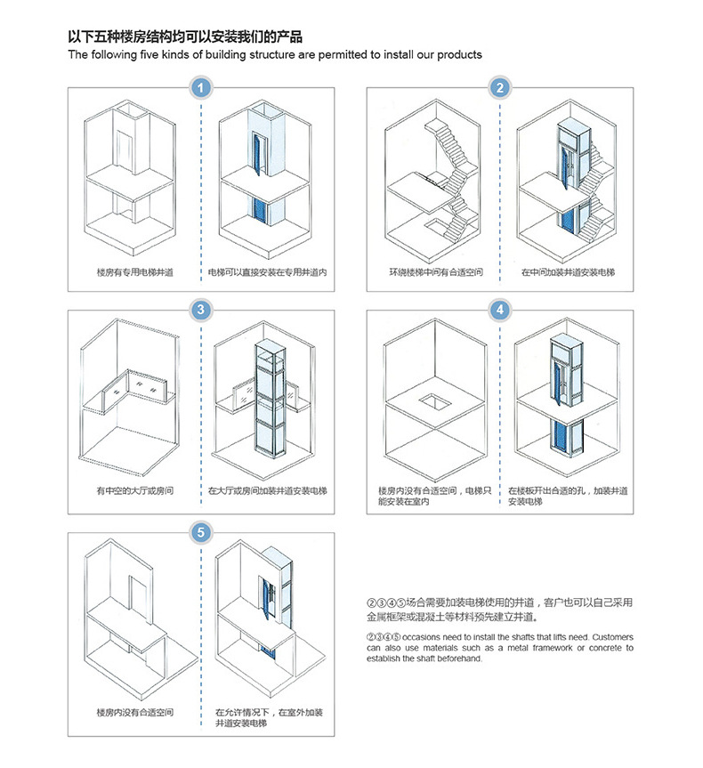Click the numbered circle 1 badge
coord(202,88)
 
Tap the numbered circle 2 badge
coord(501,88)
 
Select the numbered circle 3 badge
coord(202,310)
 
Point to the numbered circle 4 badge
coord(501,310)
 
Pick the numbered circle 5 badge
coord(202,532)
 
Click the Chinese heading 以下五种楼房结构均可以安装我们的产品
coord(185,37)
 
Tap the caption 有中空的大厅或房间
coord(134,490)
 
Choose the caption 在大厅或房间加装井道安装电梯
coord(268,490)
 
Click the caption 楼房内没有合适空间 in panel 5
coord(134,713)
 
